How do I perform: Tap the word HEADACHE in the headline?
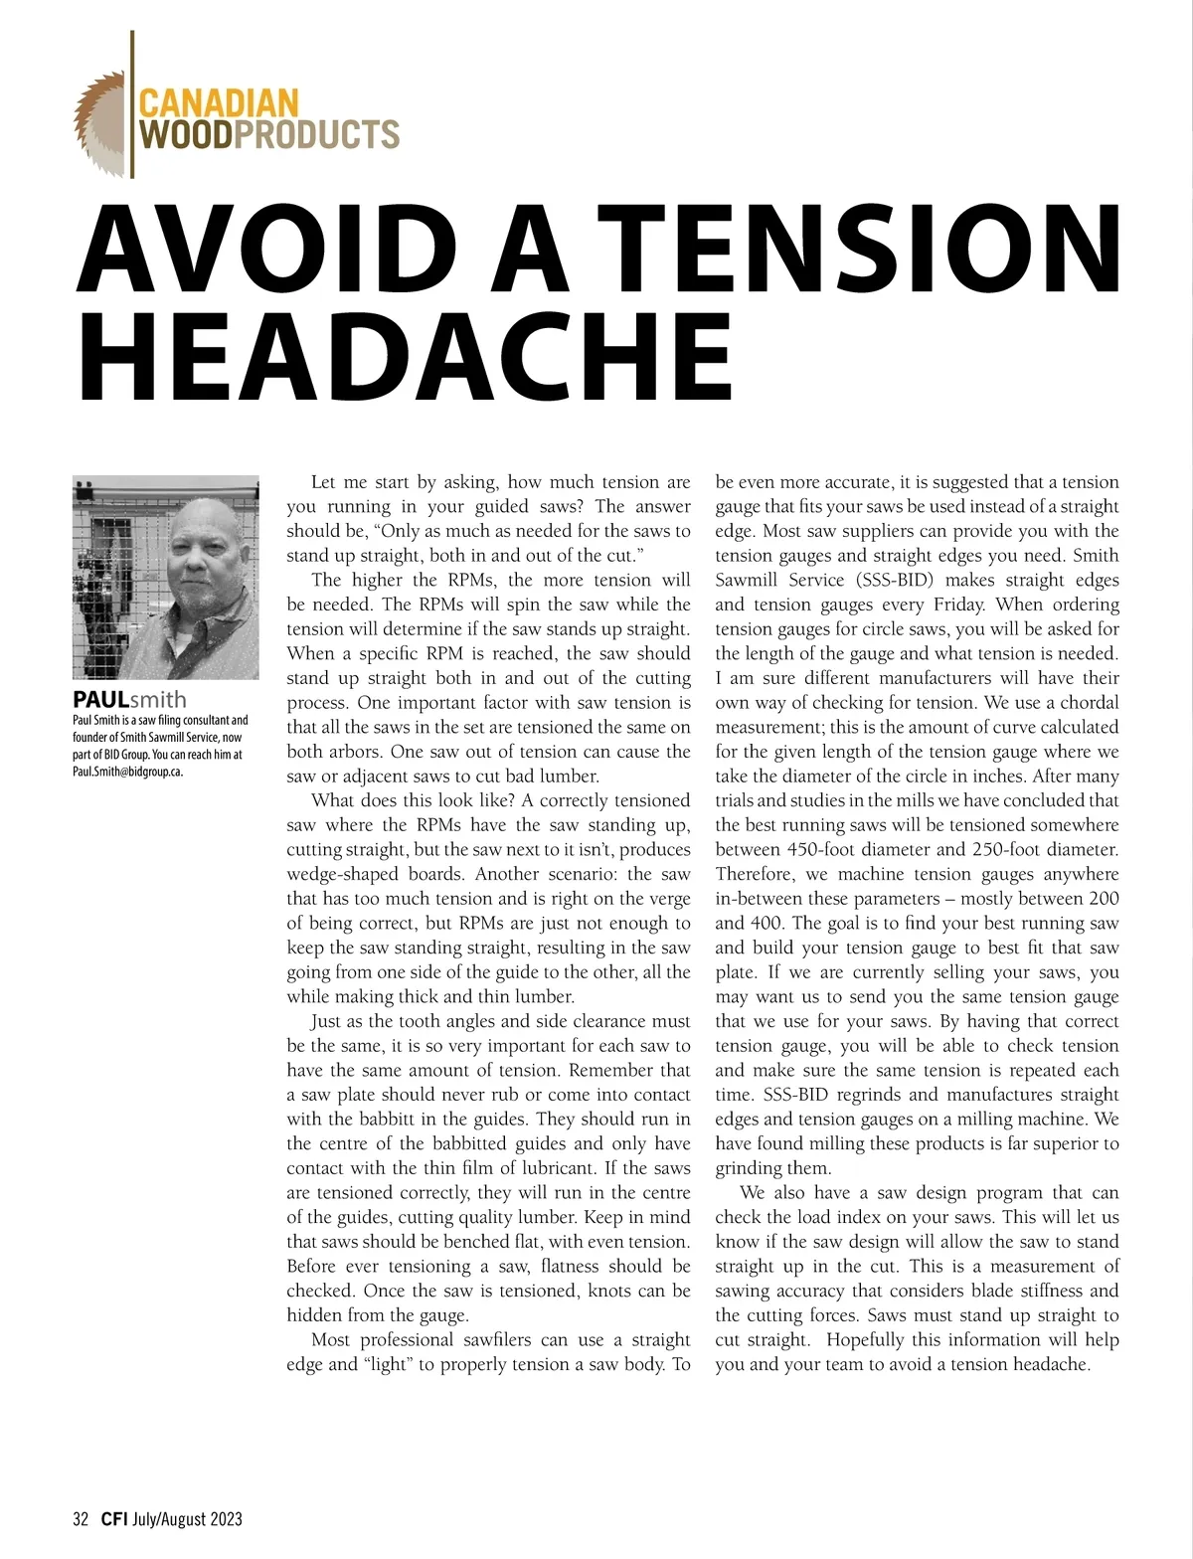coord(404,355)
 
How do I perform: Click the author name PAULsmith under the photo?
coord(129,699)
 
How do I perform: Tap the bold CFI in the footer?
coord(113,1518)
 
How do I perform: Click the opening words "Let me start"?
coord(361,482)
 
